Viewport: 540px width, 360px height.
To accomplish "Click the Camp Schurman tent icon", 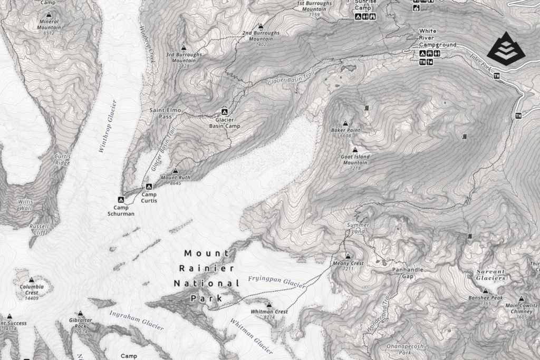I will [121, 200].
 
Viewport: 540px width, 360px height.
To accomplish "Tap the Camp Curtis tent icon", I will [149, 187].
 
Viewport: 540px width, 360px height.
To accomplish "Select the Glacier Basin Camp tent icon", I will [224, 112].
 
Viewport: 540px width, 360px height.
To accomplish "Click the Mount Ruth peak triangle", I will [175, 171].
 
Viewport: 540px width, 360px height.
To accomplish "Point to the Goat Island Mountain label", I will [355, 160].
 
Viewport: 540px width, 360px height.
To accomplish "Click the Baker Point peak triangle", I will [346, 122].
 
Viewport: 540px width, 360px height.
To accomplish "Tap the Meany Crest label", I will [348, 263].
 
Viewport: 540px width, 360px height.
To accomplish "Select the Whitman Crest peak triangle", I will [269, 305].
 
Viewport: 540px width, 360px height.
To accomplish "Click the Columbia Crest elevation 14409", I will [32, 298].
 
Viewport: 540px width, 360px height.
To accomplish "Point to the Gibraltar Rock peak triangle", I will [81, 313].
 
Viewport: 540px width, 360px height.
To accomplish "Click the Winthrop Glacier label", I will [107, 127].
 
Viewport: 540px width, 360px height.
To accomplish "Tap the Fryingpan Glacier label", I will [276, 281].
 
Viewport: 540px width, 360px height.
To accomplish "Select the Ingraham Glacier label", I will [136, 320].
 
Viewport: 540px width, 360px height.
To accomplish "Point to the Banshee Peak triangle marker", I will [485, 290].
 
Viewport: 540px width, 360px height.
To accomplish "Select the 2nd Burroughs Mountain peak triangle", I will [261, 26].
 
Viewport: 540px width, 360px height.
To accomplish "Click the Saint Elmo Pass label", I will [161, 113].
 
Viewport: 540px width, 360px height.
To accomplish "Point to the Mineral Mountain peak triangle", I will [49, 15].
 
